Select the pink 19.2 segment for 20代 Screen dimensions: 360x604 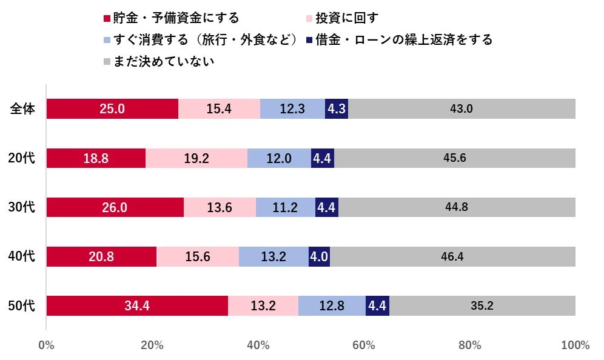[x=196, y=158]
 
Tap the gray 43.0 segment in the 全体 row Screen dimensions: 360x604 [x=461, y=109]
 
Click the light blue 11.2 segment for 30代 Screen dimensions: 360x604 [x=286, y=207]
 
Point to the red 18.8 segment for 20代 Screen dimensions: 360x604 [x=96, y=158]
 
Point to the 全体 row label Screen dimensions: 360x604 [x=23, y=109]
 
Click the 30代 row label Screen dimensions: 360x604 [x=23, y=207]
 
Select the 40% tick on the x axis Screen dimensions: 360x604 [x=258, y=346]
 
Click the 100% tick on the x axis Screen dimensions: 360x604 [x=575, y=346]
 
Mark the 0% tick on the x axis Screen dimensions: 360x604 [x=46, y=346]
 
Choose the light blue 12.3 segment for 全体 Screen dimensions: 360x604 [x=292, y=109]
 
